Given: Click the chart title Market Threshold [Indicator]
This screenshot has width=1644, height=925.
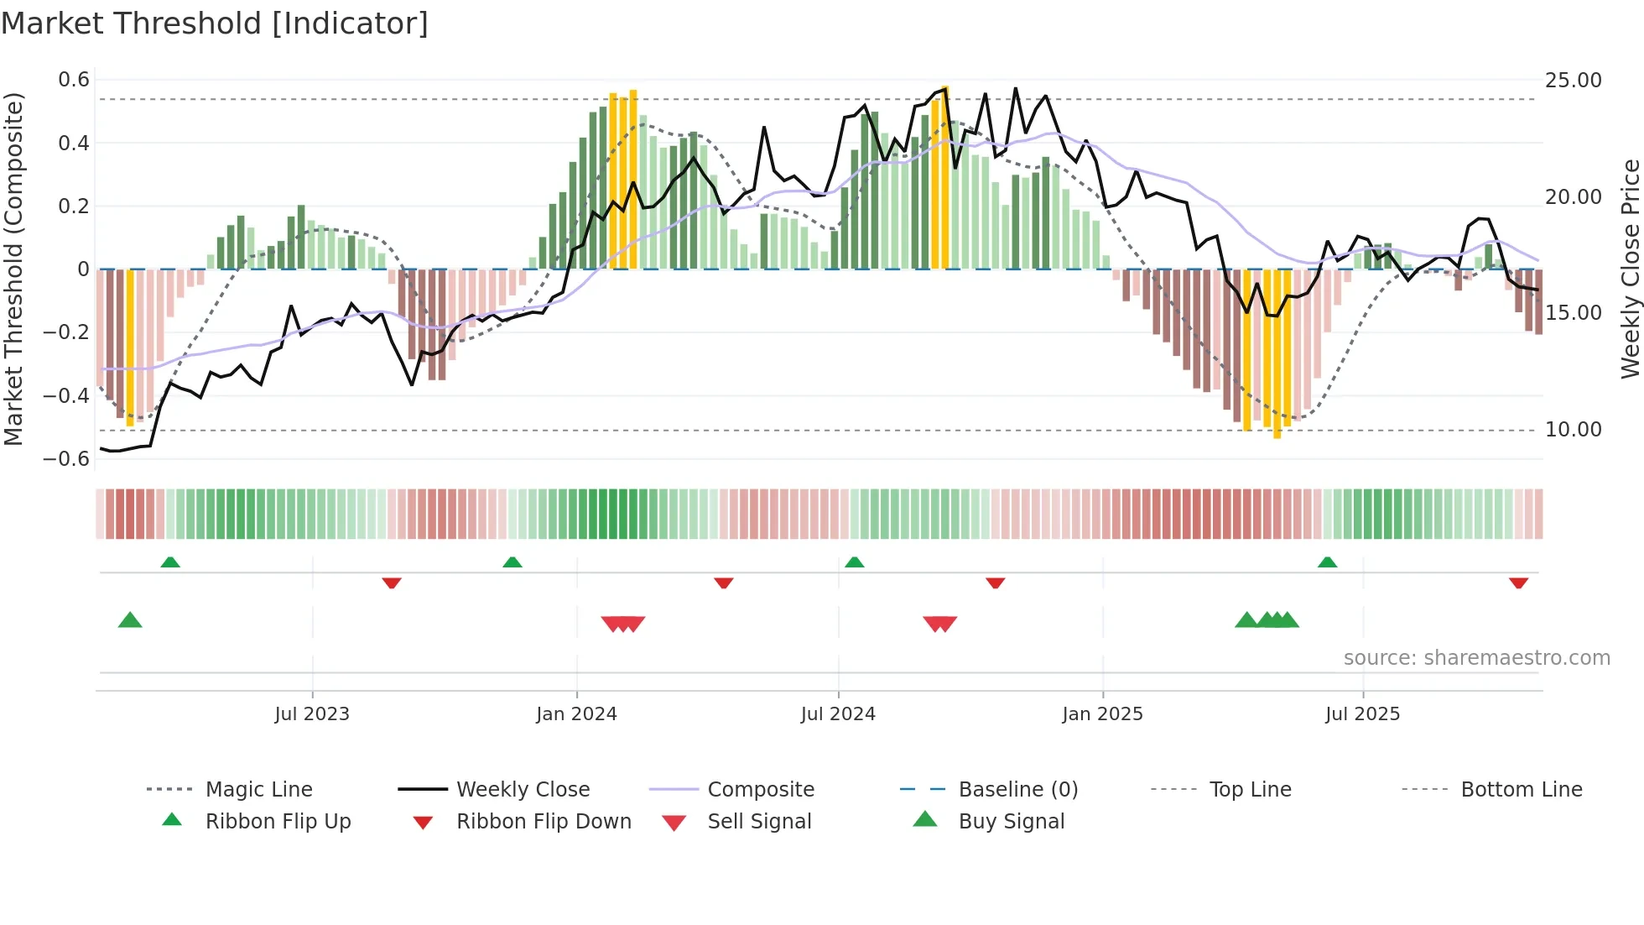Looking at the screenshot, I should click(215, 24).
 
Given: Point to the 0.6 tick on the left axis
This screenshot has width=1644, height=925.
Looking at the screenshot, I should click(74, 80).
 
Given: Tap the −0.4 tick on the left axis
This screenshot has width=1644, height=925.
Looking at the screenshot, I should click(66, 395).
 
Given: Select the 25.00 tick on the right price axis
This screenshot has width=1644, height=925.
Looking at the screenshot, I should click(1573, 81).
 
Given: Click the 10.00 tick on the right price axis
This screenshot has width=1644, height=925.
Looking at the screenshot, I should click(1573, 430).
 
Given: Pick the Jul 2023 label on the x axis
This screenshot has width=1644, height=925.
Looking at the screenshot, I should click(312, 714).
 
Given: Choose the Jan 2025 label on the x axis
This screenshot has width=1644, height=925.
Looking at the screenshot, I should click(1102, 714).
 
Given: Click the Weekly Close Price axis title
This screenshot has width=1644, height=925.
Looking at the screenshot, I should click(1630, 269).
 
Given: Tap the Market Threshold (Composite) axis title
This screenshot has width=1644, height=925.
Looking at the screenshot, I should click(13, 269).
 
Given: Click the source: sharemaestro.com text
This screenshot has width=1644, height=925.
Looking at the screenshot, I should click(1476, 658).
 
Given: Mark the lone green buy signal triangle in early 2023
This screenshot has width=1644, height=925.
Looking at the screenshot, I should click(130, 620).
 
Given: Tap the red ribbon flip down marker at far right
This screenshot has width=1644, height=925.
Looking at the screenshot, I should click(1518, 583).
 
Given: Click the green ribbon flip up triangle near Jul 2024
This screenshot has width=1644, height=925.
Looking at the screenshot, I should click(854, 562).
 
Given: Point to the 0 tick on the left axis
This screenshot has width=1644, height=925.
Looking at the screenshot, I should click(83, 269).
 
